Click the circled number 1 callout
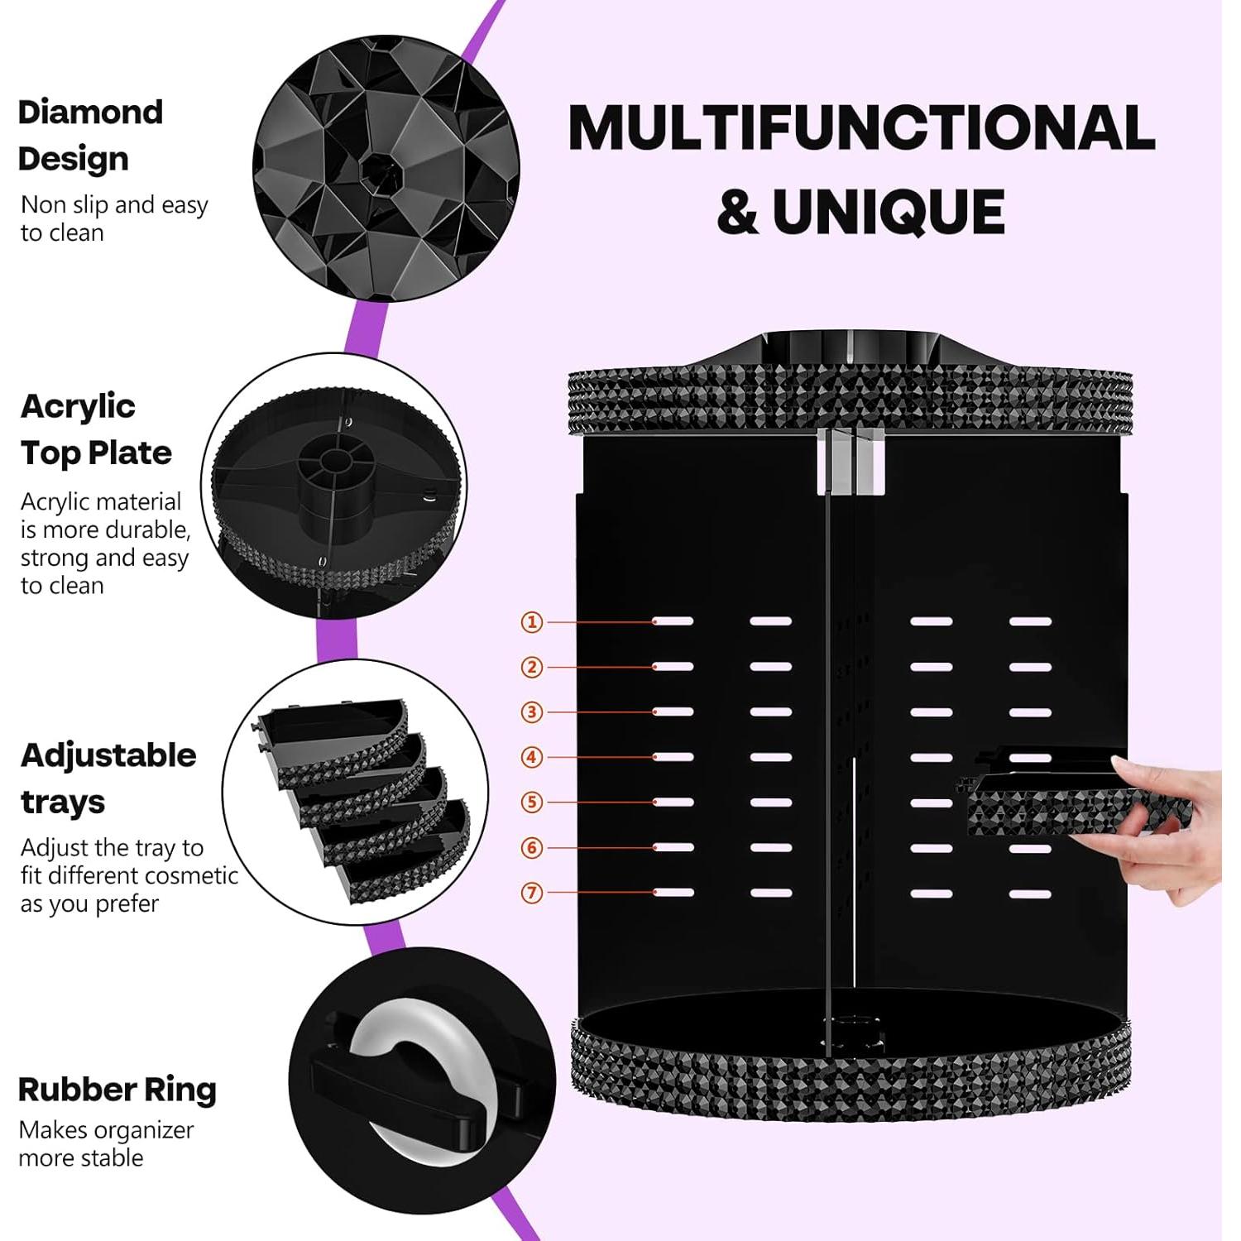[532, 621]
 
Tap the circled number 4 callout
[532, 757]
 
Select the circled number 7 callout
[532, 893]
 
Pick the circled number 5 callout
[532, 803]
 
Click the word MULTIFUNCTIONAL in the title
[861, 128]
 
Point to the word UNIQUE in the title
[889, 213]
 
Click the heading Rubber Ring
[117, 1090]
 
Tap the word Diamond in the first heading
[90, 113]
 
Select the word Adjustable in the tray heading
[108, 755]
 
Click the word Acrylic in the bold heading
[78, 406]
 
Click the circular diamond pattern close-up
[386, 168]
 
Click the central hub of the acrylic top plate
[336, 463]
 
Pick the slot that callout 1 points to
[673, 621]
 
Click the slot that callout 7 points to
[673, 893]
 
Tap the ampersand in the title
[737, 213]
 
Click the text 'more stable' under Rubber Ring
[81, 1157]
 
